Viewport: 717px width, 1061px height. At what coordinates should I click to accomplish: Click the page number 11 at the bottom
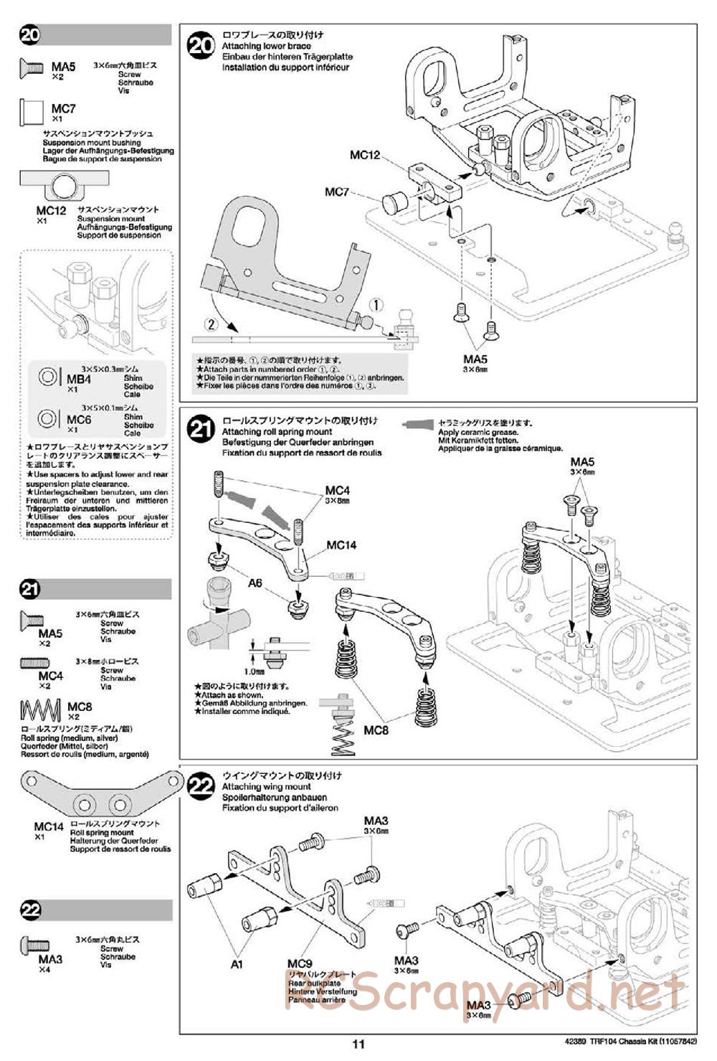pos(359,1044)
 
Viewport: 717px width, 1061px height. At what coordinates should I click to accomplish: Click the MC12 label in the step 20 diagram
pos(364,155)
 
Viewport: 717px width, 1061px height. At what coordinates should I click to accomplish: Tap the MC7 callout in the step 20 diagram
pos(336,192)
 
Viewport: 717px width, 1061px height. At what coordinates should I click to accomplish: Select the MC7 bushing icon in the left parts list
pos(32,112)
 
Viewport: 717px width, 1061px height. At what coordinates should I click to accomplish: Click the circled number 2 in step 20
pos(210,324)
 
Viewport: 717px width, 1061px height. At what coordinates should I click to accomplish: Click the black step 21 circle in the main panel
pos(200,430)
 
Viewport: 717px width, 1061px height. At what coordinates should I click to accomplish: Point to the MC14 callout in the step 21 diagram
pos(341,545)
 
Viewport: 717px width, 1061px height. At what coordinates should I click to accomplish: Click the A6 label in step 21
pos(255,583)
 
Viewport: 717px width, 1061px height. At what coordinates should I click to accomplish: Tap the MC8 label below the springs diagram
pos(376,730)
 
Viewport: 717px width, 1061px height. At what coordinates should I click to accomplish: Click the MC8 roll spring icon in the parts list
pos(40,710)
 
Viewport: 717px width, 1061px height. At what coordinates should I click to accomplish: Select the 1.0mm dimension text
pos(254,671)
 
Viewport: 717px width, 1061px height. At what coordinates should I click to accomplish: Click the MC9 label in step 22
pos(300,963)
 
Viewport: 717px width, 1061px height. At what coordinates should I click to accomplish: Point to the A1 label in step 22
pos(237,964)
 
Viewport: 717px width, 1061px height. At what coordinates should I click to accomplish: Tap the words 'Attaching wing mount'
pos(266,786)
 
